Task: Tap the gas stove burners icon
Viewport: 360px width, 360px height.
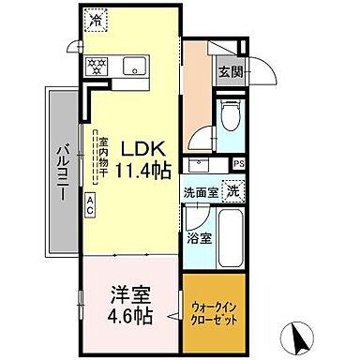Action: (x=95, y=67)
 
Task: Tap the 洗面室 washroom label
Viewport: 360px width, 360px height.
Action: (x=201, y=189)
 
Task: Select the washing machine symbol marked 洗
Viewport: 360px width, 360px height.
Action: (x=231, y=187)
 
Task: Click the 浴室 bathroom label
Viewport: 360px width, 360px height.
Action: (x=199, y=236)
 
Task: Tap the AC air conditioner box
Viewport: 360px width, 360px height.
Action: (x=90, y=202)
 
